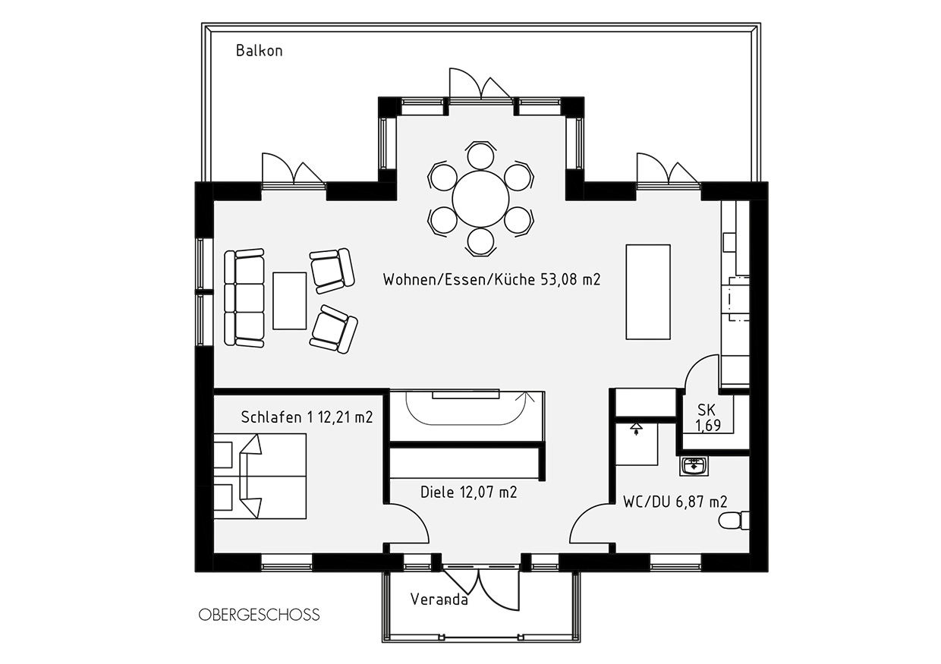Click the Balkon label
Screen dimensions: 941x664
259,51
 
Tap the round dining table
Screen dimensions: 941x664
480,199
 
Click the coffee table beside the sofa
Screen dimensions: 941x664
289,301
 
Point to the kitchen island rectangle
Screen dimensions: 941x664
648,291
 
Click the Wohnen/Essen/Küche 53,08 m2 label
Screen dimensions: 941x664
492,280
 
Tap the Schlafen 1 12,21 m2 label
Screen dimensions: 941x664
307,417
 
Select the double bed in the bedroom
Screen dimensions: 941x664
260,477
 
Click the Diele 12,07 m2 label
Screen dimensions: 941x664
468,492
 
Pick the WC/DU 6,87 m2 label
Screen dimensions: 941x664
675,502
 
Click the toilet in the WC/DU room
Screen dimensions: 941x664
734,521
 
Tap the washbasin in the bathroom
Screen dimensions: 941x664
694,466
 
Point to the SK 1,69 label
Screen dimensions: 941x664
707,417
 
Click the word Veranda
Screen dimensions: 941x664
439,599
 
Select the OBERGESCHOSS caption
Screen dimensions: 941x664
259,615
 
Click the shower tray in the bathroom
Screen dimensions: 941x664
637,444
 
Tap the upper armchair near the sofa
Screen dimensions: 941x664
332,270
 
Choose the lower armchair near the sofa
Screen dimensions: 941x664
334,329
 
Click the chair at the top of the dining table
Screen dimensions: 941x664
480,156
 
